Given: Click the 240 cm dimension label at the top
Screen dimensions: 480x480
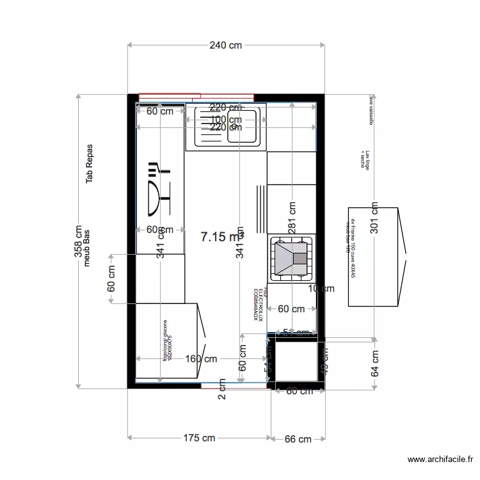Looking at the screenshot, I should (x=226, y=45).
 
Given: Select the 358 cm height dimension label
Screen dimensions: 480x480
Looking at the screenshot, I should (x=78, y=241).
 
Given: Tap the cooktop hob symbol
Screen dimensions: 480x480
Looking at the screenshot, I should (x=292, y=259).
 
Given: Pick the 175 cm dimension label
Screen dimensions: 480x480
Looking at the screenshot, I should (x=199, y=438).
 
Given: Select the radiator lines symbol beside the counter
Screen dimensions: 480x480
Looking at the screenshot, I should (x=260, y=209).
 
